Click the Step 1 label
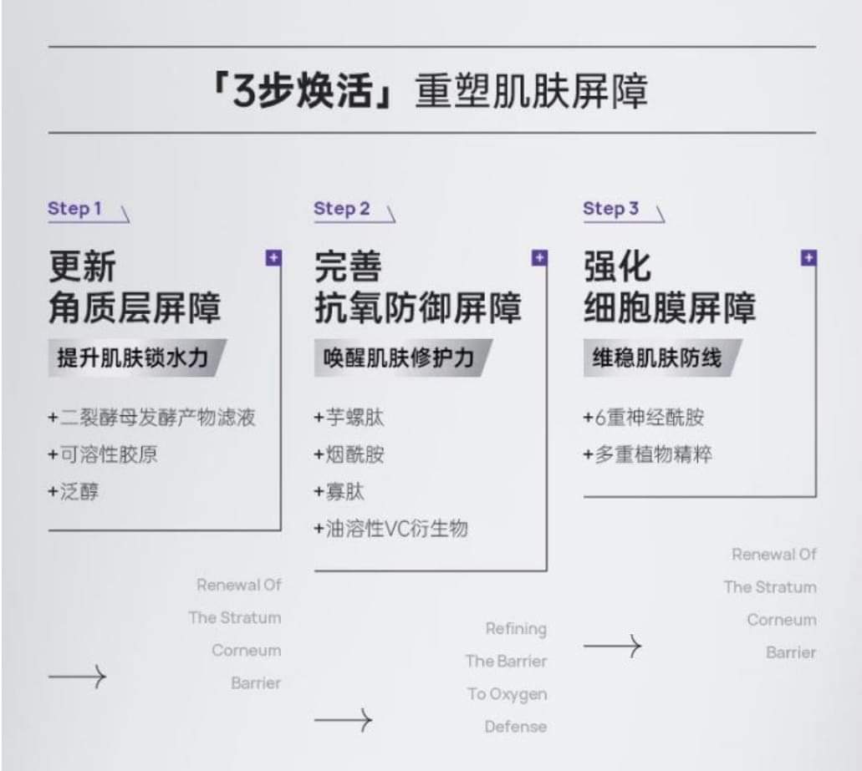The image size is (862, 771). pos(74,209)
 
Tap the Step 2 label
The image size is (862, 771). pos(341,209)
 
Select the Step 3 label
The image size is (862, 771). pos(610,209)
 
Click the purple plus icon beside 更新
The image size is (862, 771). pos(273,258)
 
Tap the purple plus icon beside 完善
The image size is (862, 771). pos(539,258)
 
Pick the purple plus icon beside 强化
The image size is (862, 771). pos(808,258)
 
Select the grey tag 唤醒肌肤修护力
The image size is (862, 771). pos(399,358)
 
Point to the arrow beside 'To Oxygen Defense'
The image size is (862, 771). pos(343,719)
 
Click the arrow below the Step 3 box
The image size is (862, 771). pos(612,645)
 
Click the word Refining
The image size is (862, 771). pos(516,628)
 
